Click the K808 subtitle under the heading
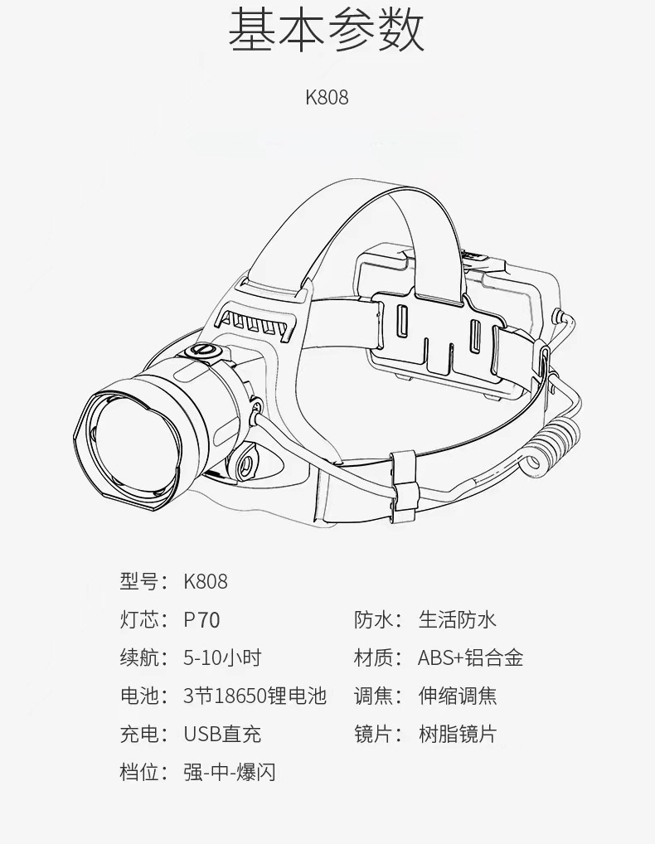click(327, 97)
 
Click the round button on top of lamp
click(201, 352)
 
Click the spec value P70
click(201, 619)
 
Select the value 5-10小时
click(222, 658)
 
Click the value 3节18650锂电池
click(255, 696)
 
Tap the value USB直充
click(222, 735)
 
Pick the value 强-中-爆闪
click(229, 773)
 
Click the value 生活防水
click(457, 619)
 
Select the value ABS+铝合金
click(470, 658)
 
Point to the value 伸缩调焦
click(457, 696)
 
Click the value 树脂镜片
click(457, 735)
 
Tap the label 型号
click(138, 581)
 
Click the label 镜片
click(372, 735)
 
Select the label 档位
click(138, 773)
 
